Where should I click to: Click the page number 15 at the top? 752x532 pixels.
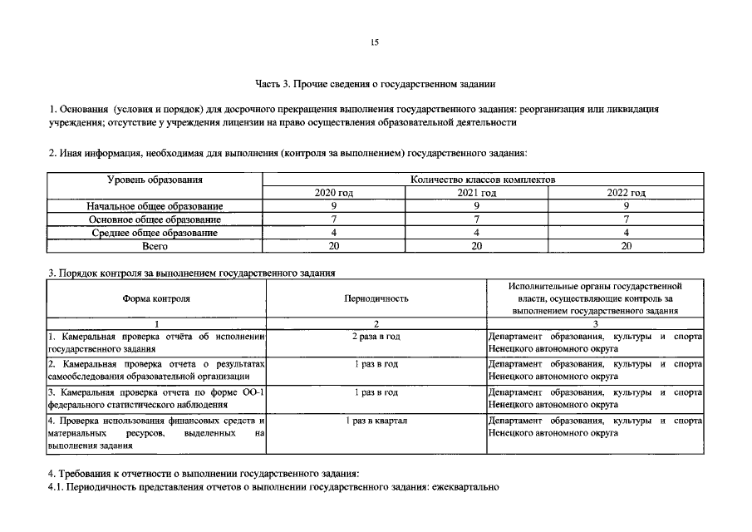[375, 42]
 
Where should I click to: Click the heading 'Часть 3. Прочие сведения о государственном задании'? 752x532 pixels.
[375, 84]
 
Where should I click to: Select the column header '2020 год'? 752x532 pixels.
[333, 193]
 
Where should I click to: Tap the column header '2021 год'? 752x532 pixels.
[477, 193]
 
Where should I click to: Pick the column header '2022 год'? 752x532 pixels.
[627, 193]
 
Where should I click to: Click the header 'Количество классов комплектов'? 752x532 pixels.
[483, 180]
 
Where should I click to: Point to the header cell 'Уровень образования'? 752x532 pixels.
[155, 180]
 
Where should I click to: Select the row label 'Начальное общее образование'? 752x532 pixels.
[155, 206]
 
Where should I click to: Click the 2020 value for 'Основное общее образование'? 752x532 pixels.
[333, 219]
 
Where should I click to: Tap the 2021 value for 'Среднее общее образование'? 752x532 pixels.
[477, 233]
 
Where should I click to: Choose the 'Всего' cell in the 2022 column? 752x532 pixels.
[627, 246]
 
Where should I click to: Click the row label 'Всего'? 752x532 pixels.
[155, 246]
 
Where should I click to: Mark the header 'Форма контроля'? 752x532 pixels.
[156, 298]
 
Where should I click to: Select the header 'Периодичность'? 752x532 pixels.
[376, 298]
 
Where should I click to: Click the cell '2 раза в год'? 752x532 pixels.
[376, 337]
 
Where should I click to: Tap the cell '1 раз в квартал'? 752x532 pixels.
[376, 421]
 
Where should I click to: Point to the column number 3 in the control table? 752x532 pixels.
[595, 323]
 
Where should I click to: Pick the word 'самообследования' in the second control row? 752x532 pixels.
[83, 377]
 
